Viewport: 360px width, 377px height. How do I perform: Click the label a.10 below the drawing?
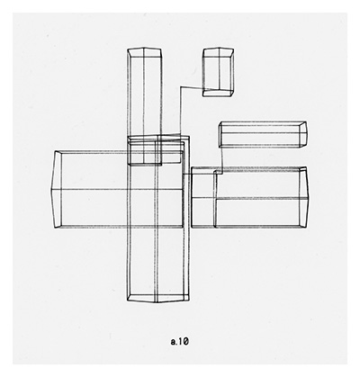pyautogui.click(x=179, y=341)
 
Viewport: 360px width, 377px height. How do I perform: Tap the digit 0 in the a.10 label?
pyautogui.click(x=185, y=341)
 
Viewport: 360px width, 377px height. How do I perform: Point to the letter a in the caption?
pyautogui.click(x=173, y=342)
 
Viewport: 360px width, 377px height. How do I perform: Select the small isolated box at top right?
pyautogui.click(x=218, y=72)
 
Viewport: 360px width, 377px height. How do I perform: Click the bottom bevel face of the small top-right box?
pyautogui.click(x=218, y=93)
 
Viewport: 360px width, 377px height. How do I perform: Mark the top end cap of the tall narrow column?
pyautogui.click(x=144, y=52)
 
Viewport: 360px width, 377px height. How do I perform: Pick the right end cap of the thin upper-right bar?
pyautogui.click(x=303, y=134)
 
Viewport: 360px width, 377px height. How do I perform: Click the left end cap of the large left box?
pyautogui.click(x=57, y=190)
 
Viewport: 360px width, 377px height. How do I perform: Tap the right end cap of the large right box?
pyautogui.click(x=304, y=198)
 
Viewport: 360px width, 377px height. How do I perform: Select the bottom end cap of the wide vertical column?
pyautogui.click(x=158, y=298)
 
